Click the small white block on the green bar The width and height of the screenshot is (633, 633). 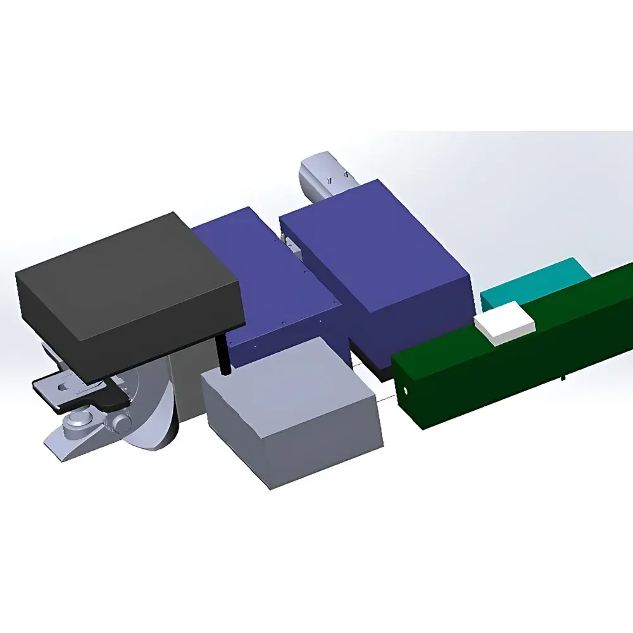[505, 323]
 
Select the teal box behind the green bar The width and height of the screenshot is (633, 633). [535, 281]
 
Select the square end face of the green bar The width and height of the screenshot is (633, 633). [406, 392]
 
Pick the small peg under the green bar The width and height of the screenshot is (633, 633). [563, 379]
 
